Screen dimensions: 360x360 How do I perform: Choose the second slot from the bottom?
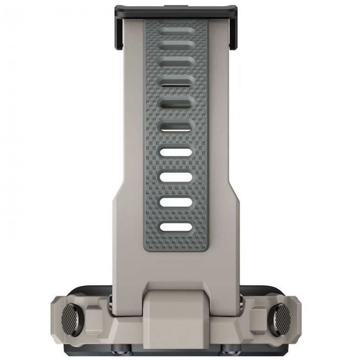coord(176,202)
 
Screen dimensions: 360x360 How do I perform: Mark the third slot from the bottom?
coord(176,177)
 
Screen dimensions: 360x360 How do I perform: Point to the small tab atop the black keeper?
coord(176,6)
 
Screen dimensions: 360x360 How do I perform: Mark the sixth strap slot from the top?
coord(176,125)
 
